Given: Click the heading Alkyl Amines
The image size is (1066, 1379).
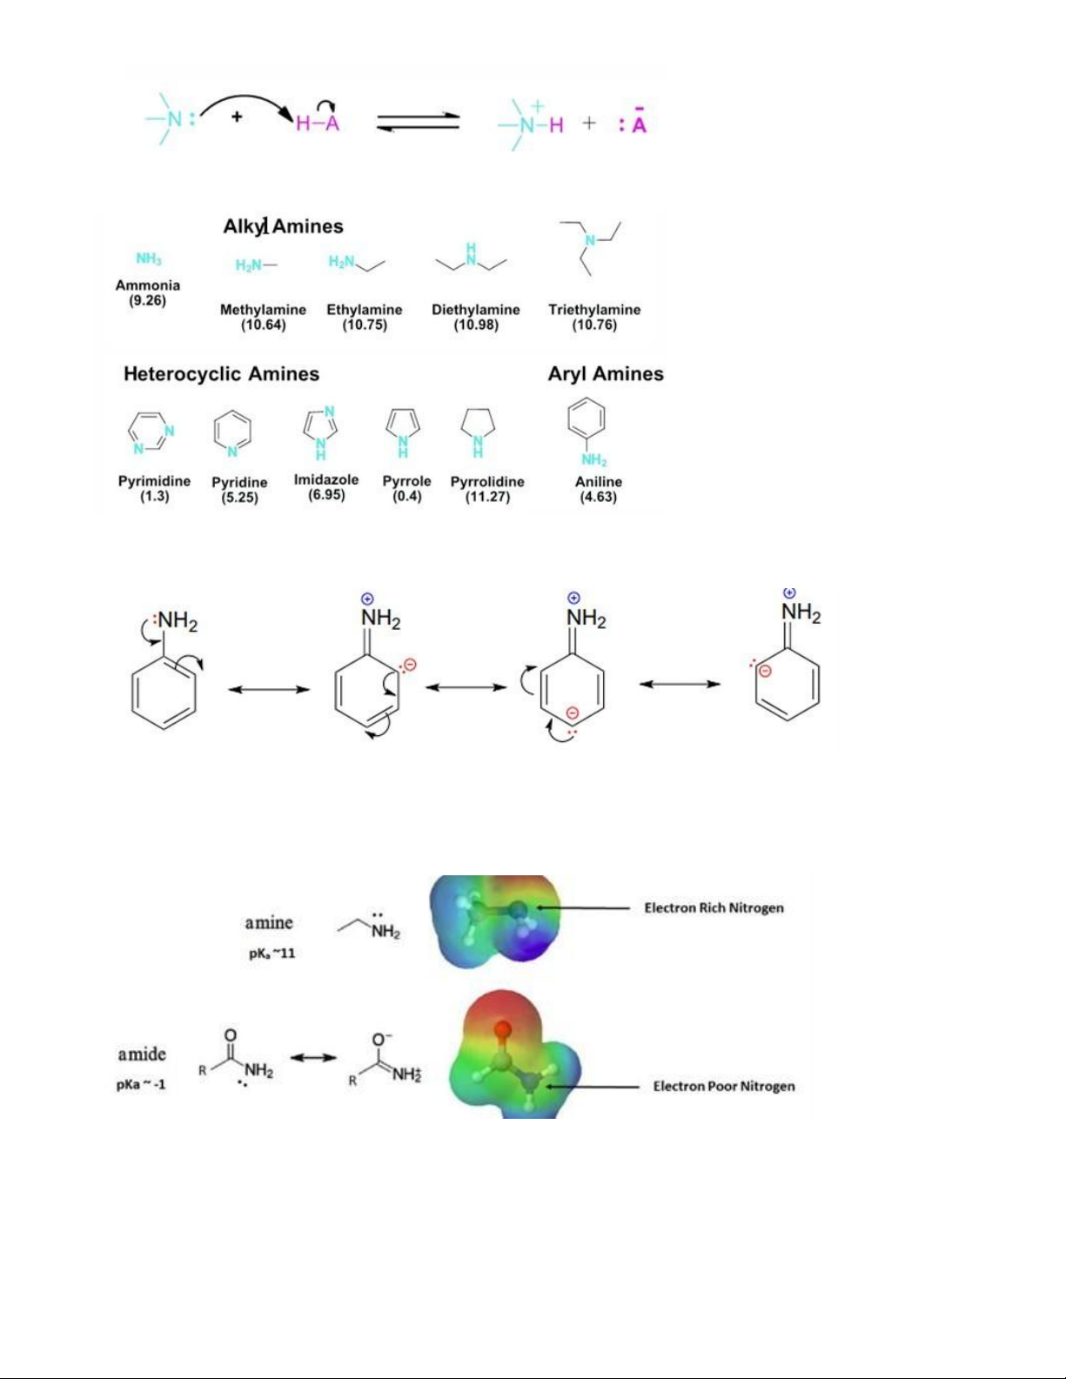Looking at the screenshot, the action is click(283, 226).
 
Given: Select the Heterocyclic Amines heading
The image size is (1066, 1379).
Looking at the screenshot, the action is click(221, 374).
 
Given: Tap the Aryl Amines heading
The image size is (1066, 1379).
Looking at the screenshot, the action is click(606, 374).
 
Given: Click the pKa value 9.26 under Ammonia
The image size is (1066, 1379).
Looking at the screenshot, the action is click(148, 300).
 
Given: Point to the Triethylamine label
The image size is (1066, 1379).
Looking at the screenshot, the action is click(594, 310).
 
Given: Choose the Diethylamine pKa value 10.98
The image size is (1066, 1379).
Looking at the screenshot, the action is click(476, 325).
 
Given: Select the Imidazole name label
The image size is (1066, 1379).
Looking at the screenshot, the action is click(326, 479).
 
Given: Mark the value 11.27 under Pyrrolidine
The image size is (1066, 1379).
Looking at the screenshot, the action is click(487, 497).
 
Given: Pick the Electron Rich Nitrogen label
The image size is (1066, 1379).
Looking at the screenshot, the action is click(714, 908).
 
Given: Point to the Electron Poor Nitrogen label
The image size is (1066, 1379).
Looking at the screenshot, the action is click(724, 1087).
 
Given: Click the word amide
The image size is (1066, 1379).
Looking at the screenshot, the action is click(142, 1054).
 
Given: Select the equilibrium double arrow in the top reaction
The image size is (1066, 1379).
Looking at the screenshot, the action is click(419, 122).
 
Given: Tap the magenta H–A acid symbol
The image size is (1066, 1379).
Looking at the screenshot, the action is click(318, 123).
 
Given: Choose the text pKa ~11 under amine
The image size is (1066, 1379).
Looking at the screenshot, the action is click(272, 954).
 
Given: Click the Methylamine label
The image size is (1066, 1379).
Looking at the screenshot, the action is click(264, 310).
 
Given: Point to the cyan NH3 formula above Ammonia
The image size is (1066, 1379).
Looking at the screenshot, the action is click(149, 259).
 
